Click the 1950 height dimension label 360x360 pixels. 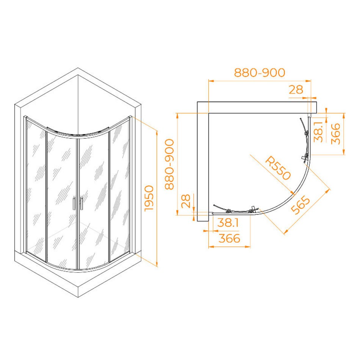click(149, 198)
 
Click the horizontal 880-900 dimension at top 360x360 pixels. click(260, 72)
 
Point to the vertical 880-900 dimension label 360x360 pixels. click(170, 164)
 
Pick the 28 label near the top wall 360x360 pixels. click(296, 90)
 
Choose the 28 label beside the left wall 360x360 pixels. click(186, 201)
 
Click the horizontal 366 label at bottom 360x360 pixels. click(229, 238)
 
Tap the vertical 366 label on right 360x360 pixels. click(335, 134)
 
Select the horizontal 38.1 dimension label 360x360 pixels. click(228, 223)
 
